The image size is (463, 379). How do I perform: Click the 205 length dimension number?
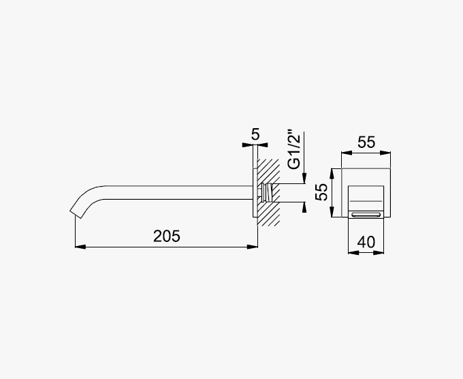167,237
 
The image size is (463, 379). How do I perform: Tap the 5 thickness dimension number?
255,134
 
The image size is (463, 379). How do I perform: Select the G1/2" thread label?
294,149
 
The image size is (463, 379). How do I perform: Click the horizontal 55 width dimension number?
366,142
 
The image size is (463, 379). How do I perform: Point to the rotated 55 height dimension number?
321,192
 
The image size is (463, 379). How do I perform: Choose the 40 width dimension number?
366,242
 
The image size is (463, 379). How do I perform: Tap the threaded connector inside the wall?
267,192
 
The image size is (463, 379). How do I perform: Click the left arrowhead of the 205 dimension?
80,247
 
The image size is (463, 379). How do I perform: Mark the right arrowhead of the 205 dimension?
253,247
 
